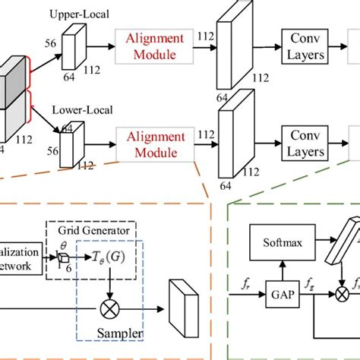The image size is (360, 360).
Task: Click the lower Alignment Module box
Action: point(154,142)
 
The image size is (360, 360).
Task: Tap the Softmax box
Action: point(282,243)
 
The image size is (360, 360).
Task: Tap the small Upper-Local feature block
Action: point(73,46)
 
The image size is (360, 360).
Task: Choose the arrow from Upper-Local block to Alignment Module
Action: point(100,46)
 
